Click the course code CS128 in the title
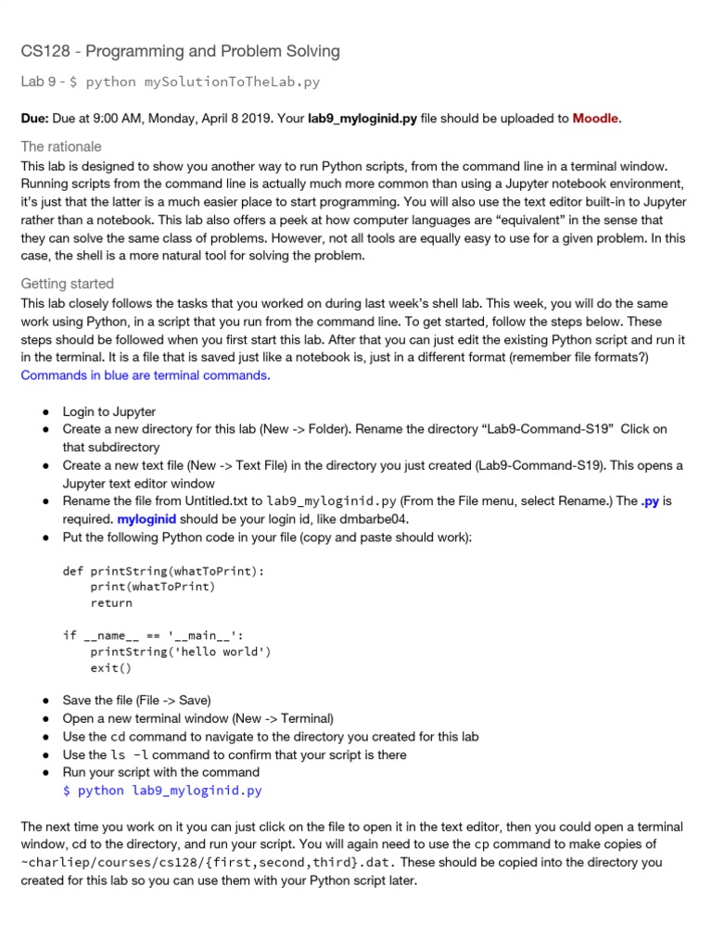pos(44,52)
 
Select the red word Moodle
pos(595,119)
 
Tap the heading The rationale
pos(61,146)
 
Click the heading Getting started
pos(68,284)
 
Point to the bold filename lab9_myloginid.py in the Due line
pos(362,119)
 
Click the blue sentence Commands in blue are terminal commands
pos(145,375)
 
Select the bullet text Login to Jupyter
pos(109,411)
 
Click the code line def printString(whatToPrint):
pos(163,571)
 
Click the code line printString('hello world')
pos(181,652)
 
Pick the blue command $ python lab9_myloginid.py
pos(162,791)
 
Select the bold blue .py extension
pos(650,501)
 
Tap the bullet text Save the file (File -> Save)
pos(137,701)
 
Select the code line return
pos(111,602)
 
